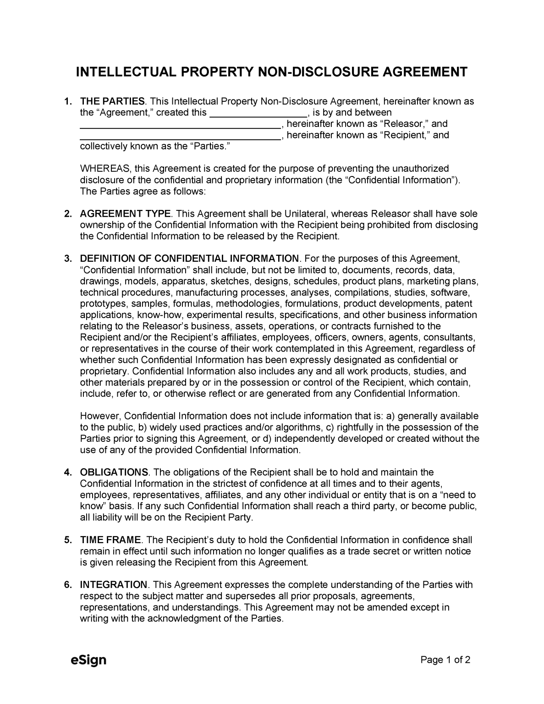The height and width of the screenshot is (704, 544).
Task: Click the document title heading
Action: click(x=272, y=72)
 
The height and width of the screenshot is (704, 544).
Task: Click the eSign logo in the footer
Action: click(x=88, y=660)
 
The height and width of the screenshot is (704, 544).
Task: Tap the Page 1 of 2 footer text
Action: click(x=445, y=660)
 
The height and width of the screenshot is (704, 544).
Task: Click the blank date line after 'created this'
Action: click(x=258, y=113)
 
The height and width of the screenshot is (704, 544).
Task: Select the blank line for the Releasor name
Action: click(x=180, y=124)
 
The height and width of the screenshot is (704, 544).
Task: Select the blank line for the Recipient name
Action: click(x=180, y=136)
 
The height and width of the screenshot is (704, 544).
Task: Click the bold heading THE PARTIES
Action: click(x=112, y=101)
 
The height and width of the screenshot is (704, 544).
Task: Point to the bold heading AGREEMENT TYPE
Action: click(x=125, y=214)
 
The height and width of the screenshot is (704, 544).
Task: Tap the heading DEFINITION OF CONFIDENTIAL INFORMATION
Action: click(x=189, y=258)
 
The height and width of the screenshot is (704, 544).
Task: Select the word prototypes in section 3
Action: click(x=104, y=303)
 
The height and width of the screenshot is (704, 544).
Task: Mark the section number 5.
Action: click(x=67, y=540)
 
